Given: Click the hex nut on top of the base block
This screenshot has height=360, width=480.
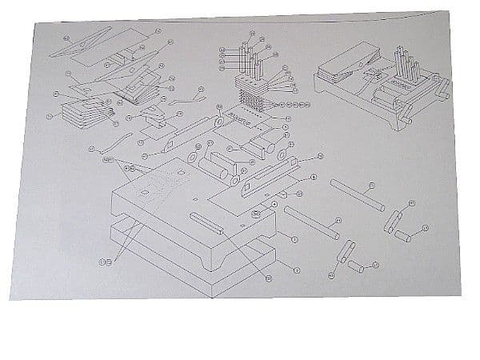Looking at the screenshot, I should tap(254, 214).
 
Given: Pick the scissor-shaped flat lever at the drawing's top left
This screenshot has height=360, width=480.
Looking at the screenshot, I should tap(84, 46).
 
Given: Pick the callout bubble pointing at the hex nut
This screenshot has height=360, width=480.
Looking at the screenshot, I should tap(275, 205).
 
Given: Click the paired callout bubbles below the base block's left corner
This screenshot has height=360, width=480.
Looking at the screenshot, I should tap(105, 262).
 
